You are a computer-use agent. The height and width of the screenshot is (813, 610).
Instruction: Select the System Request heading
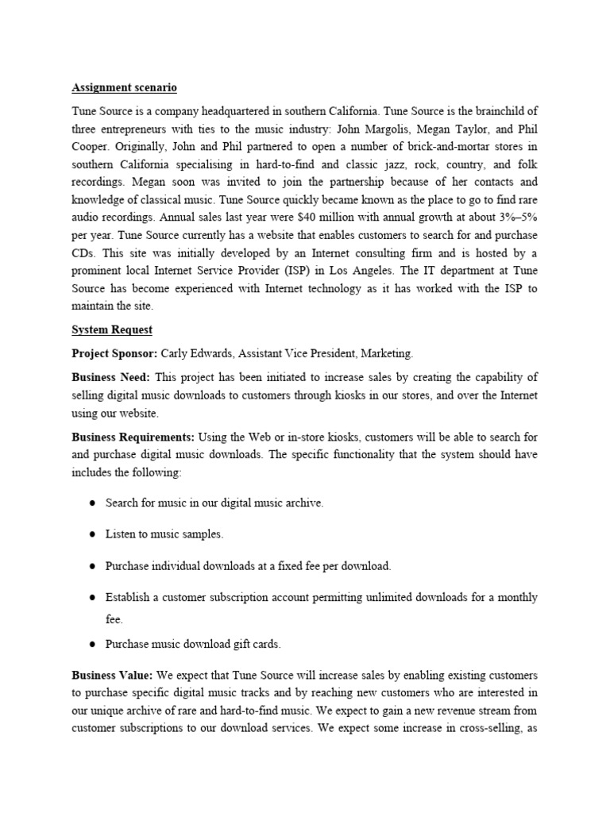pyautogui.click(x=112, y=329)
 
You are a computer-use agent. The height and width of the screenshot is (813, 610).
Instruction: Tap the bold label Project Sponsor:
pyautogui.click(x=114, y=353)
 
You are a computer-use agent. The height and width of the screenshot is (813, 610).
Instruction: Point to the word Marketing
pyautogui.click(x=386, y=353)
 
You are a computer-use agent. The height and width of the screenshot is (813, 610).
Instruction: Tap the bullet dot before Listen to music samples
pyautogui.click(x=93, y=535)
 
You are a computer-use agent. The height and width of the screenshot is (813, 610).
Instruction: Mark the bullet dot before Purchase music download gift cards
pyautogui.click(x=93, y=644)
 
